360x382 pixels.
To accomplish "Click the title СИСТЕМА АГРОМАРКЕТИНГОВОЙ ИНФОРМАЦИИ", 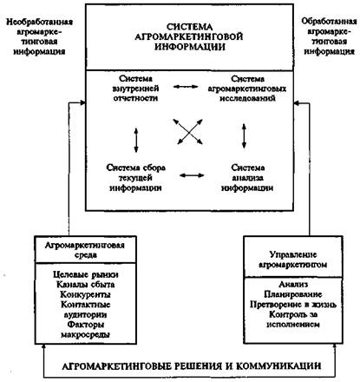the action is tap(189, 36).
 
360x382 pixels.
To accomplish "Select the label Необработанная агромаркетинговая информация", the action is tap(39, 36).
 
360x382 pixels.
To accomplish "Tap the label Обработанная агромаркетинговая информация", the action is tap(329, 36).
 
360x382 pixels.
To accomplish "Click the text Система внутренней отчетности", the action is tap(135, 89).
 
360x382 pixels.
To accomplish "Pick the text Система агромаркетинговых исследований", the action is tap(247, 89).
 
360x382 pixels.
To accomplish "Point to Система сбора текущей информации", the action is tap(135, 177).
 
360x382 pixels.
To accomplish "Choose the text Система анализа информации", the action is tap(247, 177).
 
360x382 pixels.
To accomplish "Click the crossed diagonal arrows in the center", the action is tap(188, 132).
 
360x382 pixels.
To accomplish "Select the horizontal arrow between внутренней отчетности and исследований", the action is tap(186, 87).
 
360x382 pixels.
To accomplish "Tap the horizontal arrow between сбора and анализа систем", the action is tap(192, 175).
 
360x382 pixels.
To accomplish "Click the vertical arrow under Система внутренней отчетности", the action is tap(136, 141).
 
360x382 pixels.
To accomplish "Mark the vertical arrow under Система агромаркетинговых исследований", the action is tap(245, 136).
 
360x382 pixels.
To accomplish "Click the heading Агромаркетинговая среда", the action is tap(85, 250).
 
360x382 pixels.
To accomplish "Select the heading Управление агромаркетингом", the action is tap(293, 260).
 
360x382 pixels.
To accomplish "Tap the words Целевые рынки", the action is tap(86, 274).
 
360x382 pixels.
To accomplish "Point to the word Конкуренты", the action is tap(86, 294).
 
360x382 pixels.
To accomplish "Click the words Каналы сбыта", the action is tap(86, 285).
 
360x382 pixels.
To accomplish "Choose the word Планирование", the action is tap(293, 294).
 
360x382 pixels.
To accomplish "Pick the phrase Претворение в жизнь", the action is tap(293, 305).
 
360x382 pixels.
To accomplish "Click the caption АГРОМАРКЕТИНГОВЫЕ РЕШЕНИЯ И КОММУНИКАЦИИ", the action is tap(192, 366).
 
